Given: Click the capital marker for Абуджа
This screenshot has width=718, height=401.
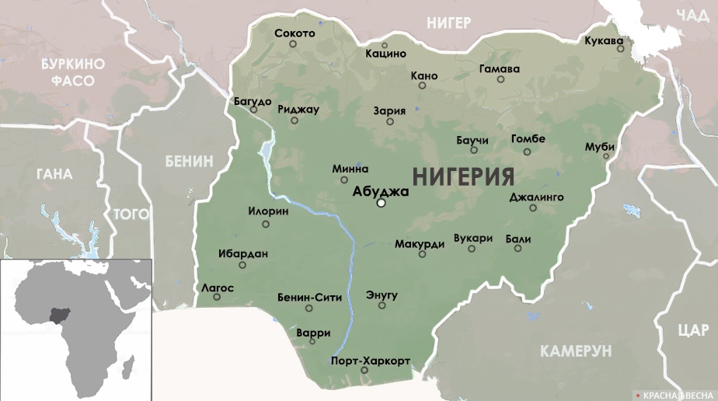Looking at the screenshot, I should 381,204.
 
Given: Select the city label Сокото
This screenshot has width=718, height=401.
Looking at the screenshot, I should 295,33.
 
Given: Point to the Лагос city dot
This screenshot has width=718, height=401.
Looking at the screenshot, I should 217,297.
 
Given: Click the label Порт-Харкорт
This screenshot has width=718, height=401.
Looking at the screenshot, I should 370,361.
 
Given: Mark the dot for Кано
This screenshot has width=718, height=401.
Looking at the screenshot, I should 422,85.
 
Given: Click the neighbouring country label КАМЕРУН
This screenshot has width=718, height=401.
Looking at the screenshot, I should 576,350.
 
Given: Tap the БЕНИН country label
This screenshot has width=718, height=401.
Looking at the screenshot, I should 188,161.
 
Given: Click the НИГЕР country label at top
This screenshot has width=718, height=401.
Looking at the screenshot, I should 448,23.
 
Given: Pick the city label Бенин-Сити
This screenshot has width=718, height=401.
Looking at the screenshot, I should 309,297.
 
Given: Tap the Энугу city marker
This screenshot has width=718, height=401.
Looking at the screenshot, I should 382,305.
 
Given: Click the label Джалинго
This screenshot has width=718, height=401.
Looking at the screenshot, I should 536,197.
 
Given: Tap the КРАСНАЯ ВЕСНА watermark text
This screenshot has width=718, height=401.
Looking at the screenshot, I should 677,394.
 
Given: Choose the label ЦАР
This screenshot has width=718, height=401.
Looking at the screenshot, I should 692,330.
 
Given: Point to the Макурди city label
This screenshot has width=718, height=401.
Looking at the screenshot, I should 419,243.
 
